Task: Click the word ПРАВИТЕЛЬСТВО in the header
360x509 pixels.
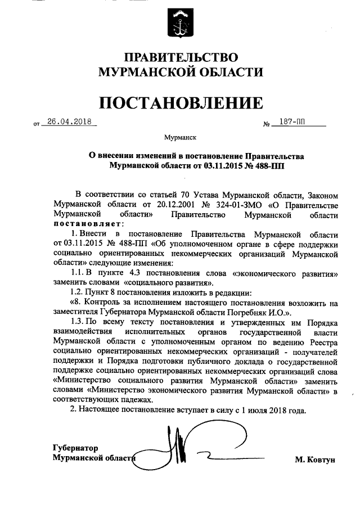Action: point(181,58)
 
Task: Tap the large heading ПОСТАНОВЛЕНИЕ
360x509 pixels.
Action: point(181,103)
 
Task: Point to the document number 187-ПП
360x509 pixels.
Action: point(291,122)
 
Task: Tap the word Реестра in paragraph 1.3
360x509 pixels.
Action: point(323,342)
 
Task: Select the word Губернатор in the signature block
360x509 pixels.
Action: point(75,448)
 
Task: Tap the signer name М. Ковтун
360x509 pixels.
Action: point(314,460)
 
